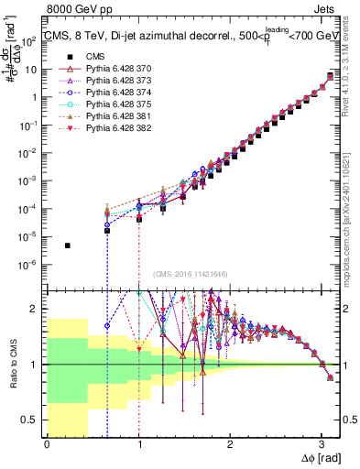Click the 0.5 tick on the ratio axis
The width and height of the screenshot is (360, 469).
[x=33, y=420]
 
